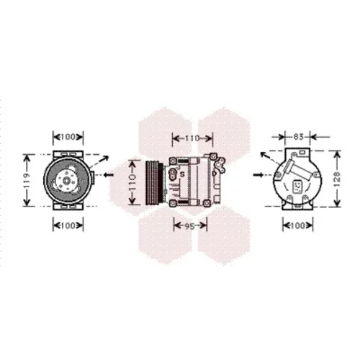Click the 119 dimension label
tap(27, 180)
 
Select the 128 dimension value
tap(337, 178)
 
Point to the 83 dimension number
tap(298, 137)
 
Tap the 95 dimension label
tap(190, 226)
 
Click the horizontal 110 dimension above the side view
tap(192, 138)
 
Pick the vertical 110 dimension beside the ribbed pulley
tap(132, 182)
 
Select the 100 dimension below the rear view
tap(297, 225)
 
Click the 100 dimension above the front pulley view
tap(68, 138)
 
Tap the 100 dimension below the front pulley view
tap(68, 225)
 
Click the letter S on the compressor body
tap(182, 174)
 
